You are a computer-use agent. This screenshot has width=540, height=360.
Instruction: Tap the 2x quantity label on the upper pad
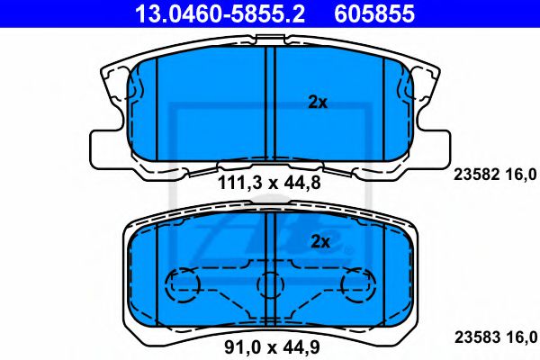click(x=318, y=103)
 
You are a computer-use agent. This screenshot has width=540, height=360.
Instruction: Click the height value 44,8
click(x=303, y=184)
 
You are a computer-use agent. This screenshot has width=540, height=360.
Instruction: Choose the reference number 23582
click(x=475, y=175)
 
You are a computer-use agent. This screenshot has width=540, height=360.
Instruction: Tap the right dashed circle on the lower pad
click(x=356, y=285)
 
